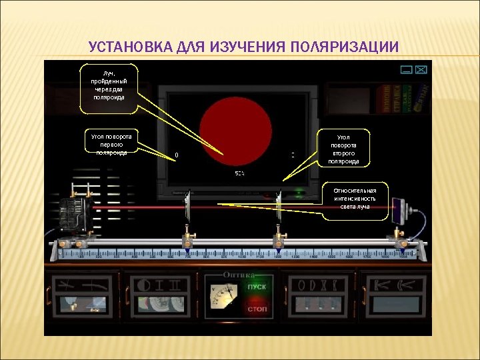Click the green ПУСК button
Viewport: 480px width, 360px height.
257,287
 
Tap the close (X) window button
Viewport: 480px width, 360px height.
421,69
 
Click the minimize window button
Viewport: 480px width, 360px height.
406,69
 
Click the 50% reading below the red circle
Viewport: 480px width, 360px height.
239,173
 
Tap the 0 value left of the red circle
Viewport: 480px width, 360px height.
176,155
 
